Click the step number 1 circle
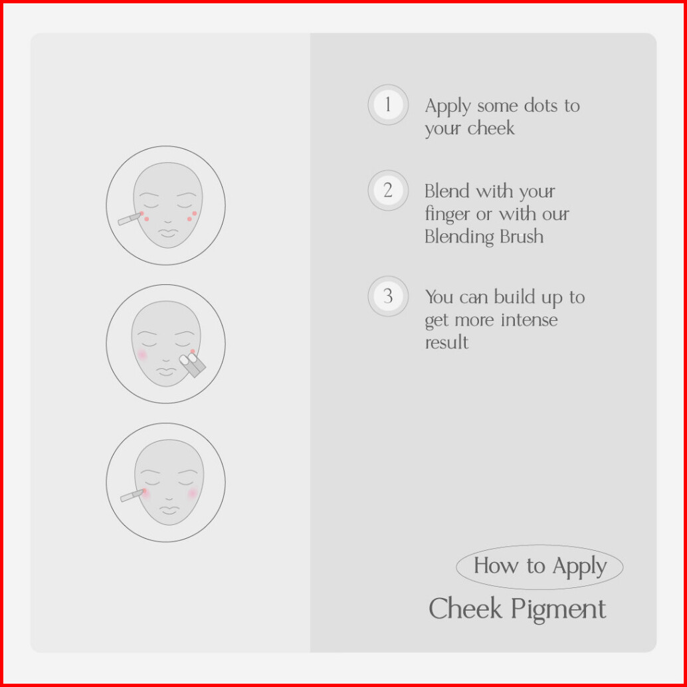click(x=388, y=105)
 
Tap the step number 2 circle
click(x=388, y=191)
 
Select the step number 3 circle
click(x=388, y=296)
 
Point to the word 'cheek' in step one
click(x=491, y=128)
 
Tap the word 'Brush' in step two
click(x=522, y=237)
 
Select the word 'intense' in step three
click(x=529, y=320)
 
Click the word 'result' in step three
click(x=446, y=343)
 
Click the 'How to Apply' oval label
click(x=540, y=567)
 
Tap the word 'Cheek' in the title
click(x=464, y=609)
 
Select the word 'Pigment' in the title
click(x=558, y=611)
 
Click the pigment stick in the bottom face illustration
click(x=132, y=496)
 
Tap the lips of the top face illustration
click(x=168, y=233)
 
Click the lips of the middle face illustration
click(x=166, y=371)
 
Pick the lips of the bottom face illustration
click(x=169, y=510)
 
